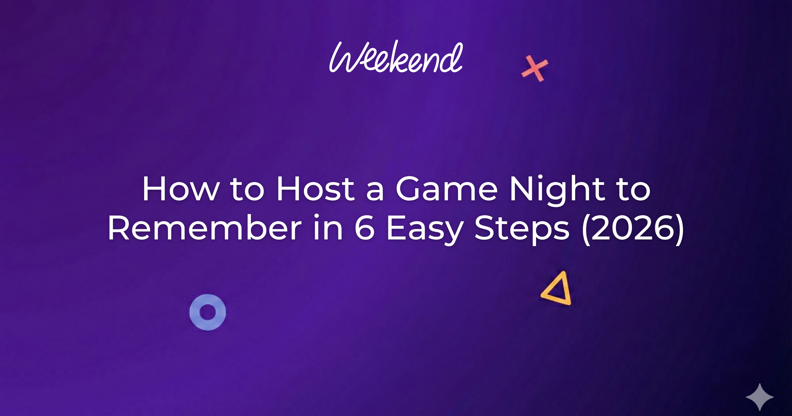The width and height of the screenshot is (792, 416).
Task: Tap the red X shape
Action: pos(535,68)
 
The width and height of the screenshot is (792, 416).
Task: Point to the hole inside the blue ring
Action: pos(208,312)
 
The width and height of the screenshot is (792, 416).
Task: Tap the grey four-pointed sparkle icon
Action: pos(760,397)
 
